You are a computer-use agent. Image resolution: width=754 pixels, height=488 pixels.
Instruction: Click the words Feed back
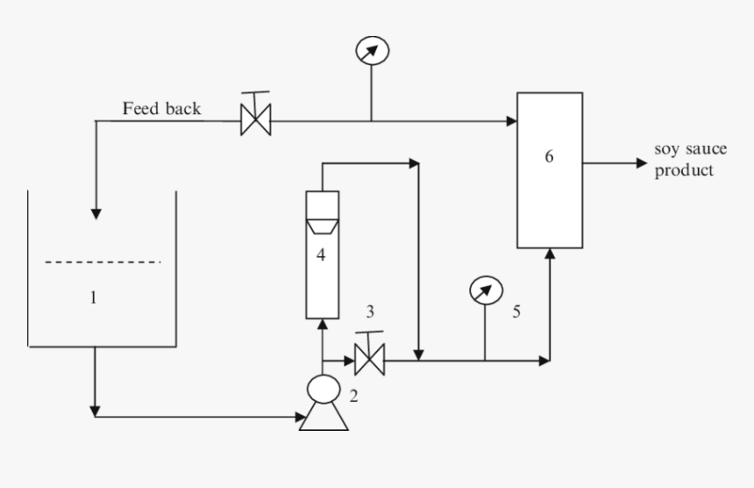coord(161,109)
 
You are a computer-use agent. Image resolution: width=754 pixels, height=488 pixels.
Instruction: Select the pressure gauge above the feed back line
coord(372,50)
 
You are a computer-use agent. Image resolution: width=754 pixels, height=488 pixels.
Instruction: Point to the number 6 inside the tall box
coord(549,157)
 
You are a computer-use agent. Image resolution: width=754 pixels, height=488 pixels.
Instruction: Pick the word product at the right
coord(684,170)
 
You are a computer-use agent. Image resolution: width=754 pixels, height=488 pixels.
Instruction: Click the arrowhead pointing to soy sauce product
coord(640,163)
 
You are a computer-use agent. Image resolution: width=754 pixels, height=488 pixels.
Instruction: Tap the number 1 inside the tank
coord(94,298)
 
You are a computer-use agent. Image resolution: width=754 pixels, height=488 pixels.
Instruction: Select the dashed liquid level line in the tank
coord(103,262)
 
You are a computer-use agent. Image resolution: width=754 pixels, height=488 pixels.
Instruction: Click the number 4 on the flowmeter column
coord(321,255)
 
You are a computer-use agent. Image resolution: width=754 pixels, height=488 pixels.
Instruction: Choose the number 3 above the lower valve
coord(370,311)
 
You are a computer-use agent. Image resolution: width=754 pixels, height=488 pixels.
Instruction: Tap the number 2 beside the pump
coord(353,396)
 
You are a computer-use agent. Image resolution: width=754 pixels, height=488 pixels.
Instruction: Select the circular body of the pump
coord(323,388)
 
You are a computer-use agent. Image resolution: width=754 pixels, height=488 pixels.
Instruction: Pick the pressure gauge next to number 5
coord(486,289)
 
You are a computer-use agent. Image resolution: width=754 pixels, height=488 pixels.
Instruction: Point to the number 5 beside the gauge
coord(516,311)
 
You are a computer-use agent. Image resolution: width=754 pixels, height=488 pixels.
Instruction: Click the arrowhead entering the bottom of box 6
coord(550,254)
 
